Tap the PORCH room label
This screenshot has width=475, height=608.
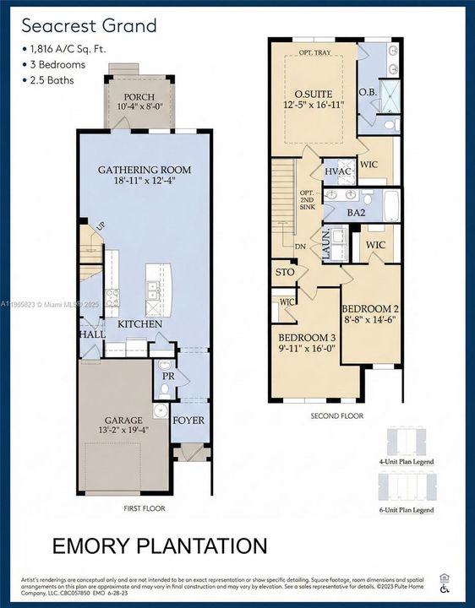click(139, 97)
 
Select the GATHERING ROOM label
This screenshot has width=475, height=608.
click(144, 170)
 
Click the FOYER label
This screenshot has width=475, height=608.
click(188, 420)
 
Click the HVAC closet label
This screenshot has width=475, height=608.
click(338, 171)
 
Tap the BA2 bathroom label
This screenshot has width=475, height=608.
click(356, 214)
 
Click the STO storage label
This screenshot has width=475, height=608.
click(284, 273)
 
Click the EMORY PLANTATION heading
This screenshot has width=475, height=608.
click(160, 546)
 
